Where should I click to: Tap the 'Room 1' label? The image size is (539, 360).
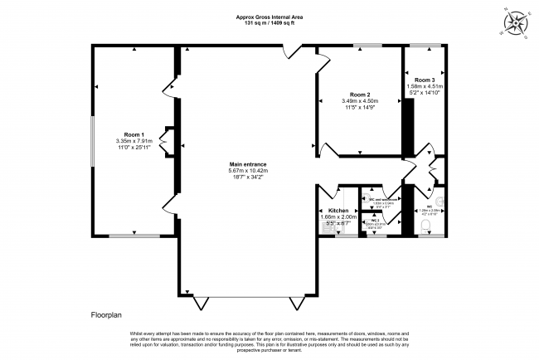click(x=134, y=134)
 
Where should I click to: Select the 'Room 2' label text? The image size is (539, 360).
click(x=359, y=95)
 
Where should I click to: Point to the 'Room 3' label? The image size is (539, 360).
click(x=424, y=79)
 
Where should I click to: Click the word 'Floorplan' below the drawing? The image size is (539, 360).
click(x=107, y=315)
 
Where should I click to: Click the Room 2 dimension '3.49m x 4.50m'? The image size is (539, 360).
click(x=359, y=101)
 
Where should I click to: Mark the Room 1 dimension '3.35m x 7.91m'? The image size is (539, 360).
click(x=134, y=141)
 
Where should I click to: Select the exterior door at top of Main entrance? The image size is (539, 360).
click(x=289, y=52)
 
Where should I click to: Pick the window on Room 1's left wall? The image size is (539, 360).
click(x=93, y=141)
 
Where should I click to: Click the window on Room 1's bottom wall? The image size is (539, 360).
click(x=134, y=237)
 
